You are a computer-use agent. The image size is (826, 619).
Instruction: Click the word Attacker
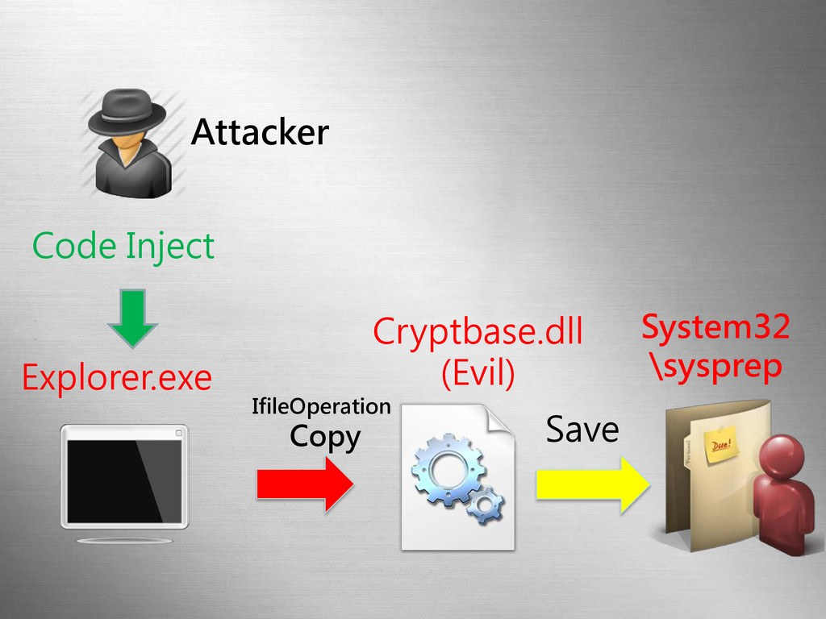259,132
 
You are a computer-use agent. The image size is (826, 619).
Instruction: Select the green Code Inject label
123,245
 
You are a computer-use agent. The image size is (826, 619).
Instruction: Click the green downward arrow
132,318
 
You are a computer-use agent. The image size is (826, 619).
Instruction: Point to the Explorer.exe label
116,376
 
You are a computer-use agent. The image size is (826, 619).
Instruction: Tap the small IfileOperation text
321,407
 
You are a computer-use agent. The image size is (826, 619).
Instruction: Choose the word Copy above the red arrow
325,437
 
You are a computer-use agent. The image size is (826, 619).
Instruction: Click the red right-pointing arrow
305,484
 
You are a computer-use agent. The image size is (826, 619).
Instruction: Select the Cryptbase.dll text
478,332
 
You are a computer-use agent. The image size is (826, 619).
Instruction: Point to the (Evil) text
478,373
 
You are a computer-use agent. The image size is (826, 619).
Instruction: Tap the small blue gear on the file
486,506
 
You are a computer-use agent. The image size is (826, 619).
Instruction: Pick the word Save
582,430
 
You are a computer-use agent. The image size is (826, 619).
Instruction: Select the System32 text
715,329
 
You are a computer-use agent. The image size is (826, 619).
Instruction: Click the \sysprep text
715,367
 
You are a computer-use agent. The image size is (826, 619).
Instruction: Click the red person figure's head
781,456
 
